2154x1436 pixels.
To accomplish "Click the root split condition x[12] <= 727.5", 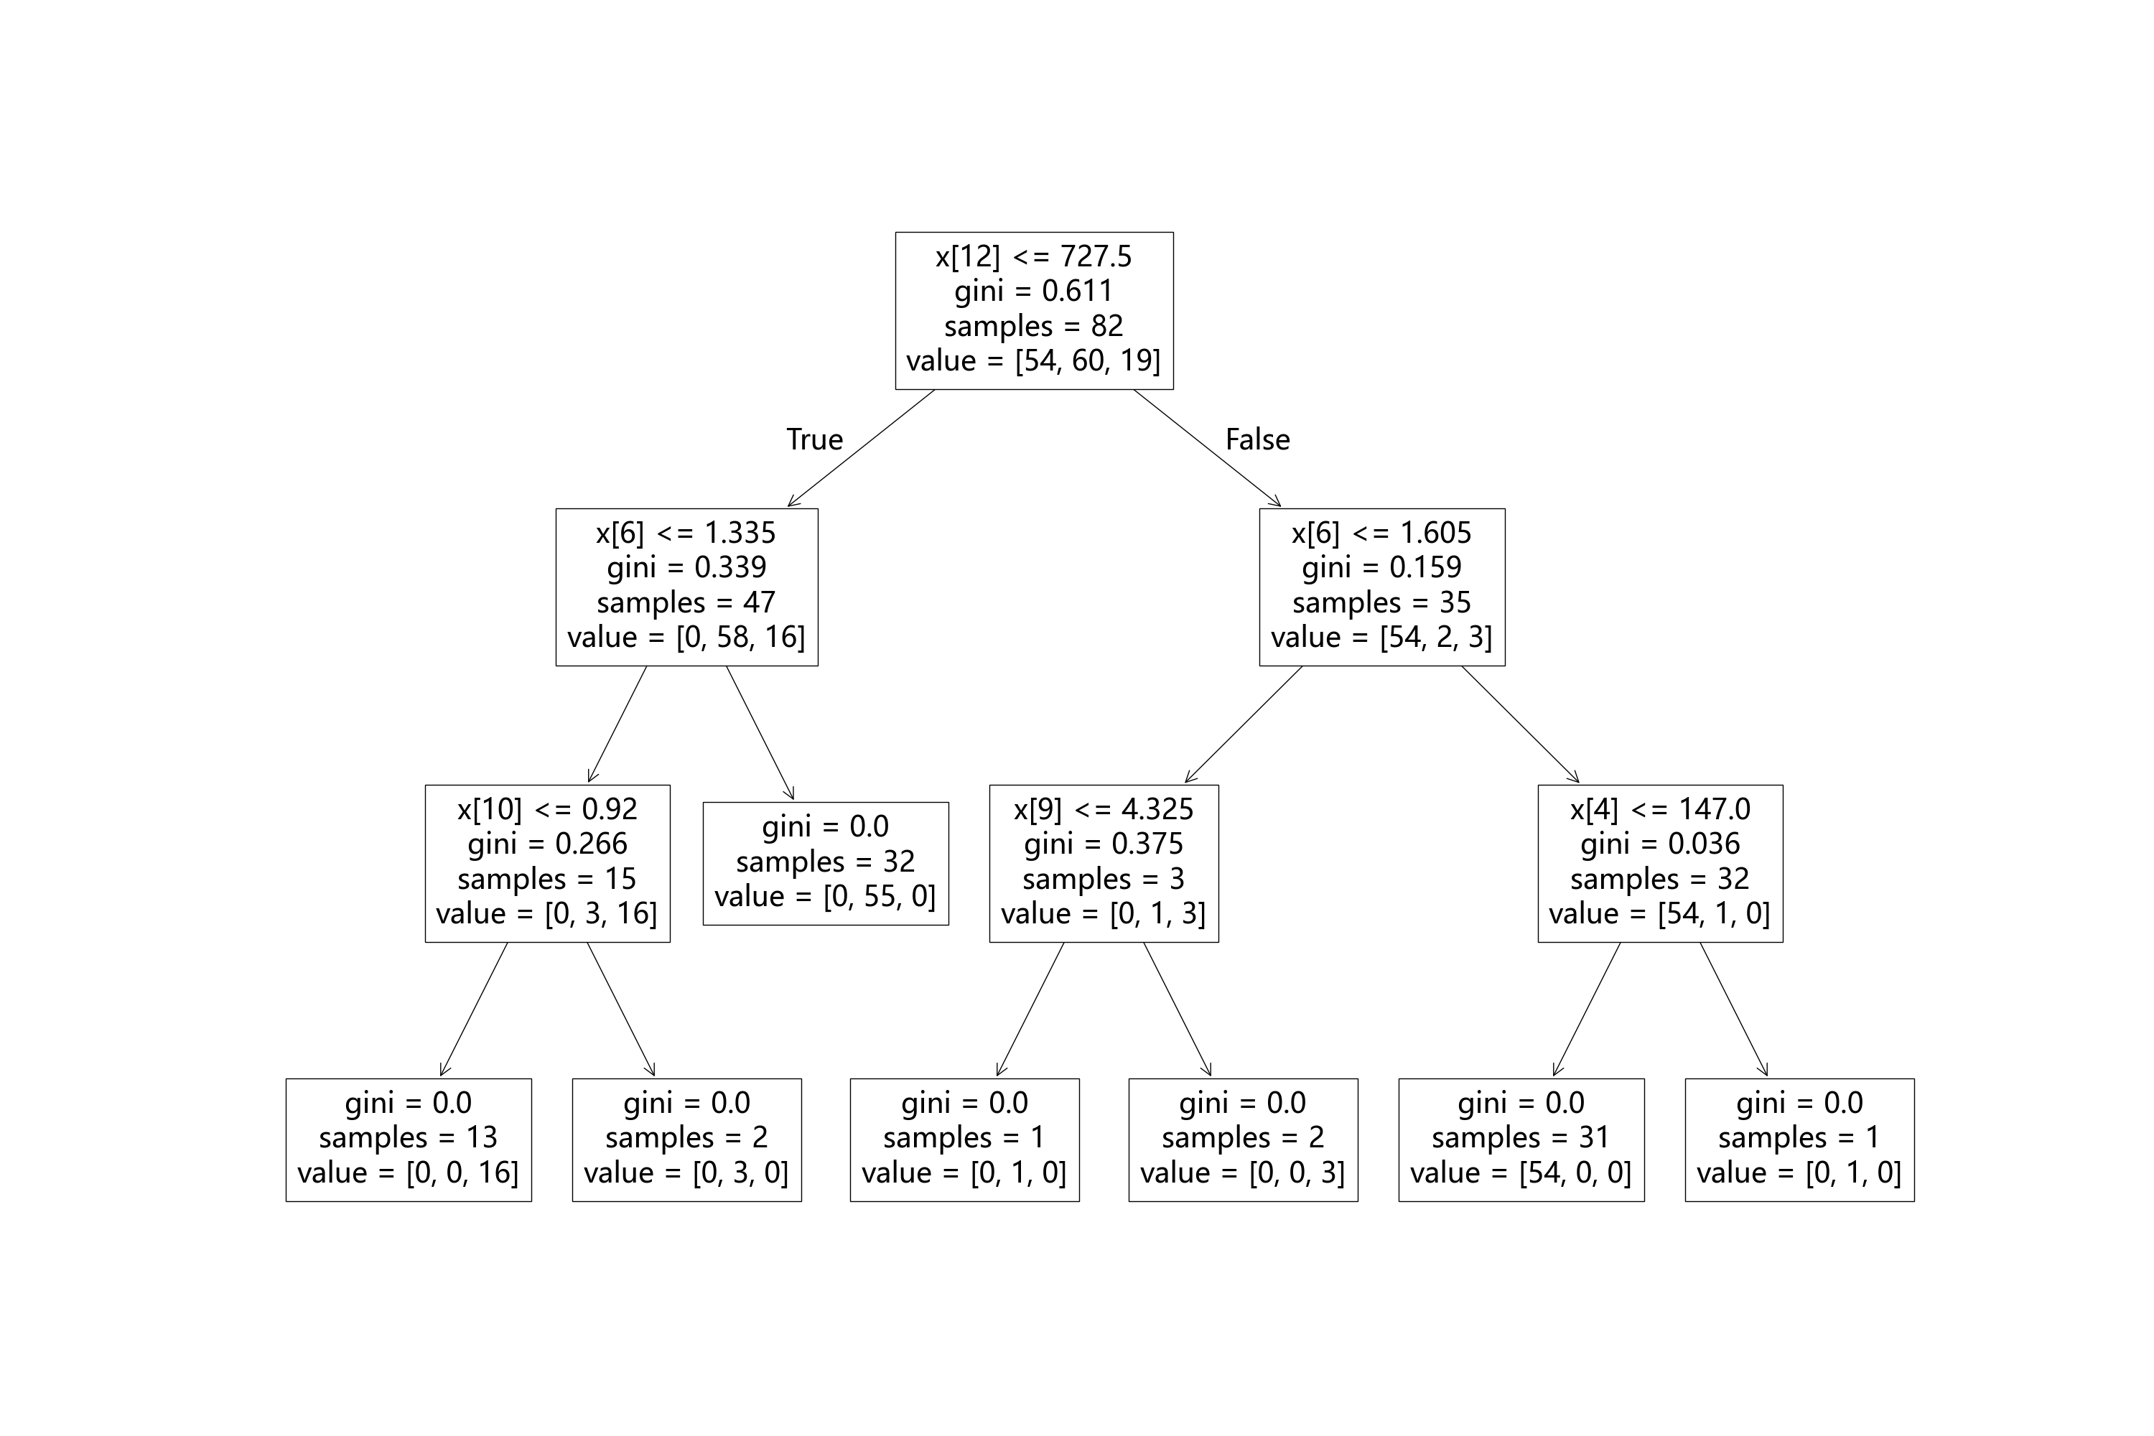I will click(x=1033, y=256).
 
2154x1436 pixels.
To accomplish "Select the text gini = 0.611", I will click(x=1033, y=292).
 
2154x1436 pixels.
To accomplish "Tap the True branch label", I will click(x=814, y=439).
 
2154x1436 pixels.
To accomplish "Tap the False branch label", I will click(x=1257, y=439).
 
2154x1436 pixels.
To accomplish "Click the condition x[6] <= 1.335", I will click(x=686, y=533).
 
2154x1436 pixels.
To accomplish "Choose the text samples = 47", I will click(x=686, y=602).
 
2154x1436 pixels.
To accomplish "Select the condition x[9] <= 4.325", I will click(x=1104, y=810).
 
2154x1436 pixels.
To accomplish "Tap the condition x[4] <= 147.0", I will click(x=1659, y=810).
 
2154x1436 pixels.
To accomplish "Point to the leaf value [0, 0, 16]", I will click(x=408, y=1173).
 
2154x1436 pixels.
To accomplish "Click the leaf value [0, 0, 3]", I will click(x=1243, y=1173).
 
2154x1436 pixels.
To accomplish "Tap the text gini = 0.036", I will click(x=1659, y=844).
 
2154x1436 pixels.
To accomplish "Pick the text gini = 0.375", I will click(x=1104, y=844).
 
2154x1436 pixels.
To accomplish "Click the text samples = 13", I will click(x=408, y=1138).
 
